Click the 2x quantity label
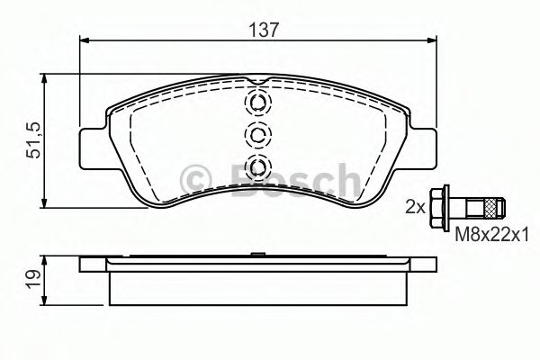tap(415, 206)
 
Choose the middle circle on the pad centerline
tap(258, 135)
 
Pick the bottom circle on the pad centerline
tap(258, 166)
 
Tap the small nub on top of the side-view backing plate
tap(258, 255)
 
